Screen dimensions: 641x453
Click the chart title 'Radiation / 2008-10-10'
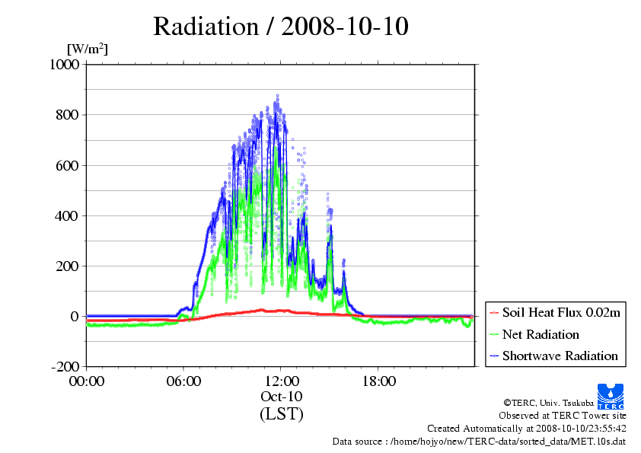(x=281, y=27)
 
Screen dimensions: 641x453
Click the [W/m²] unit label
(x=88, y=49)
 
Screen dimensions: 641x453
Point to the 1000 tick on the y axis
(x=65, y=64)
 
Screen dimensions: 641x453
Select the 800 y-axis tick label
(x=68, y=115)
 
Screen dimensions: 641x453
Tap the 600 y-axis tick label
(x=68, y=165)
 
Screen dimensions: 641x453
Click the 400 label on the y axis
(x=68, y=216)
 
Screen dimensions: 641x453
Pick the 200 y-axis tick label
(x=68, y=266)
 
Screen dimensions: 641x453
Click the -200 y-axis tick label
(x=65, y=366)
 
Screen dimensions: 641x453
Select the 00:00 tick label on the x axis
(x=87, y=381)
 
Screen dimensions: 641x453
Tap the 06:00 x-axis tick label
(x=183, y=381)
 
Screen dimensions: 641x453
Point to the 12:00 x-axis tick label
(x=282, y=381)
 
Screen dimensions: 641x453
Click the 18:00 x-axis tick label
(x=379, y=381)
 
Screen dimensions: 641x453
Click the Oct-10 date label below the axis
(x=282, y=397)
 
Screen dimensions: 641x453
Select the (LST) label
(x=282, y=413)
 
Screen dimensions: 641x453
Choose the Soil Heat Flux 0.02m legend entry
(x=555, y=313)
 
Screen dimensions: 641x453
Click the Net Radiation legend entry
(x=534, y=334)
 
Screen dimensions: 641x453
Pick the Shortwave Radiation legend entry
(x=554, y=356)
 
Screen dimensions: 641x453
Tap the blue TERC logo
(x=611, y=397)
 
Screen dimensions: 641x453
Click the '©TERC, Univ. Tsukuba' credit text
(x=549, y=403)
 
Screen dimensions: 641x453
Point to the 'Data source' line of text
(x=479, y=442)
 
